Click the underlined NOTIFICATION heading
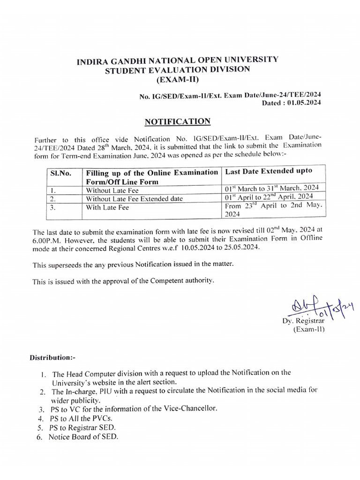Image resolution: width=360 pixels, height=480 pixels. [178, 122]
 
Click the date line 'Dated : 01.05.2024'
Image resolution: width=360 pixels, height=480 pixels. [291, 103]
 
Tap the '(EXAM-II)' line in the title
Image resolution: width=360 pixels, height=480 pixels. [178, 80]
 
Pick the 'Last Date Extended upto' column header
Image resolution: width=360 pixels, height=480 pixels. [269, 172]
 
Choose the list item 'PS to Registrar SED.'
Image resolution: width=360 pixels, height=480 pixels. [82, 427]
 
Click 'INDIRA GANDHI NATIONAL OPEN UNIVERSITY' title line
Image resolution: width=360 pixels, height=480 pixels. [178, 60]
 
